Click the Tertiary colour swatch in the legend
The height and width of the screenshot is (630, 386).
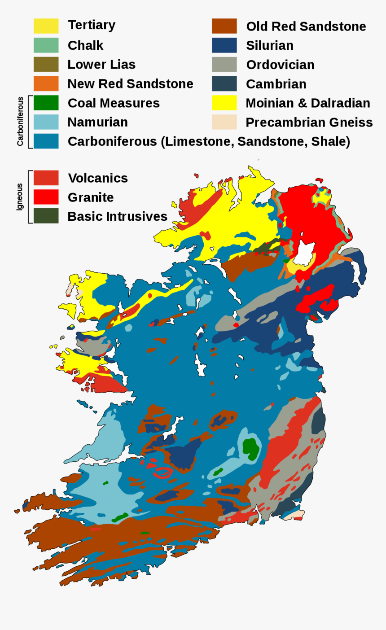[x=46, y=26]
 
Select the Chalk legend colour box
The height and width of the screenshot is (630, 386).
[x=46, y=45]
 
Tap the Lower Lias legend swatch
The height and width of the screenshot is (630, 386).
[x=46, y=65]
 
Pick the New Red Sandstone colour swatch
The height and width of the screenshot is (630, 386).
[x=46, y=84]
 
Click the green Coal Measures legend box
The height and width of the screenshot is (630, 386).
[x=46, y=103]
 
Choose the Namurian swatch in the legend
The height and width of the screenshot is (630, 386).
[x=46, y=122]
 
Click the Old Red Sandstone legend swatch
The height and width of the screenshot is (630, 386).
[x=224, y=26]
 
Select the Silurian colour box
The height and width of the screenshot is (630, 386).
[x=224, y=45]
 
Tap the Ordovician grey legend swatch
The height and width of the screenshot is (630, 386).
[x=224, y=65]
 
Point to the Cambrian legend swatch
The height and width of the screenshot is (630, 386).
[x=224, y=84]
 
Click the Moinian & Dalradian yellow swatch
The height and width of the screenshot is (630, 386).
[x=224, y=103]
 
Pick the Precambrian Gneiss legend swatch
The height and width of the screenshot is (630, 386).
[x=224, y=122]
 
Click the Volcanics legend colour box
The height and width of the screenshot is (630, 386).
[x=46, y=178]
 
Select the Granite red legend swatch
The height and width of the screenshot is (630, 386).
[x=46, y=197]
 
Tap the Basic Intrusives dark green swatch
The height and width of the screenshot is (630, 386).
[x=46, y=216]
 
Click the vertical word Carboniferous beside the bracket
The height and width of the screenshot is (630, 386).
[x=20, y=122]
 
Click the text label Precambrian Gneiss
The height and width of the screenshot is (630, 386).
[x=309, y=122]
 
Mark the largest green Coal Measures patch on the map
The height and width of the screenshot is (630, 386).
[x=250, y=447]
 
